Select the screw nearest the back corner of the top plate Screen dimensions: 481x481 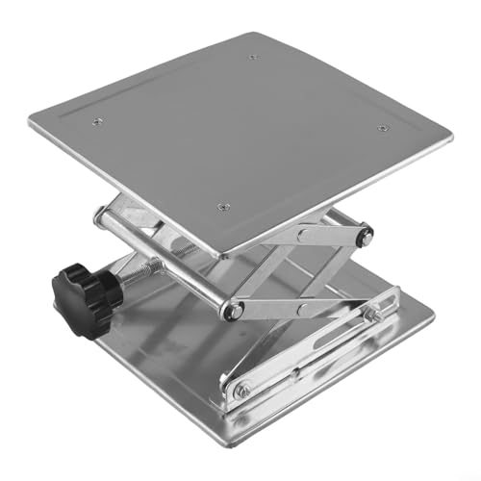click(254, 57)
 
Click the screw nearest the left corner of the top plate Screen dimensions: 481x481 click(97, 120)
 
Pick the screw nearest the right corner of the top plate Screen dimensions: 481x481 click(382, 128)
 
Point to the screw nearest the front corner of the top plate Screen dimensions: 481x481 click(223, 205)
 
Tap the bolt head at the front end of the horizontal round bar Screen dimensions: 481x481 click(232, 310)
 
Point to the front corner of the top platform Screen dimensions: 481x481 click(220, 257)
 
